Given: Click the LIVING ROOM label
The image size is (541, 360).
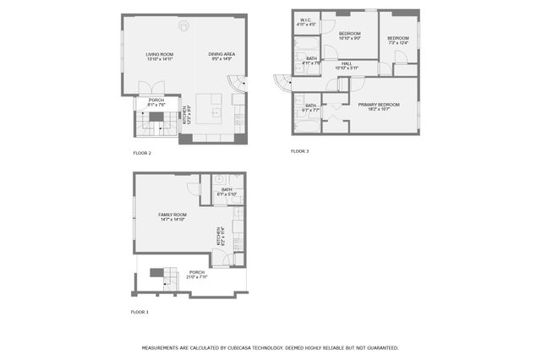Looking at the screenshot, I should click(x=158, y=57).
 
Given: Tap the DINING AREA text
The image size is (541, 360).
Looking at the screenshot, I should click(x=221, y=57).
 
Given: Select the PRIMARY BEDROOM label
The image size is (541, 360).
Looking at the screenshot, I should click(x=378, y=106).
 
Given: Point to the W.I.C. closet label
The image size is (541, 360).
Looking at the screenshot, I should click(x=305, y=22).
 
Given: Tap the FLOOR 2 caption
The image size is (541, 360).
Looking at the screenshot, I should click(x=142, y=153).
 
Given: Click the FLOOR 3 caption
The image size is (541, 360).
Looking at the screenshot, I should click(x=300, y=151).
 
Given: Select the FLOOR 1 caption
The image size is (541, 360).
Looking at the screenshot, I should click(x=139, y=312).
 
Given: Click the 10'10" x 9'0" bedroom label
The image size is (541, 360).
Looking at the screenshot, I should click(x=350, y=35).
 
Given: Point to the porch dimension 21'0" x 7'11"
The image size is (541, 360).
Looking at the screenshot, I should click(x=196, y=275).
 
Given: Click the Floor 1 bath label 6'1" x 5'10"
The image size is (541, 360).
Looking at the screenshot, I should click(x=227, y=192).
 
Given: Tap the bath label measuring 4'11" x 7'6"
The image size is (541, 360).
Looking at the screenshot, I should click(x=311, y=61).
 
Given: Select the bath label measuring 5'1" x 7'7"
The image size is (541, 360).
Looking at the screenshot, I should click(x=310, y=108).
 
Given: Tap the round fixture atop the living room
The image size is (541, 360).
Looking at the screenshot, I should click(x=183, y=23).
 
